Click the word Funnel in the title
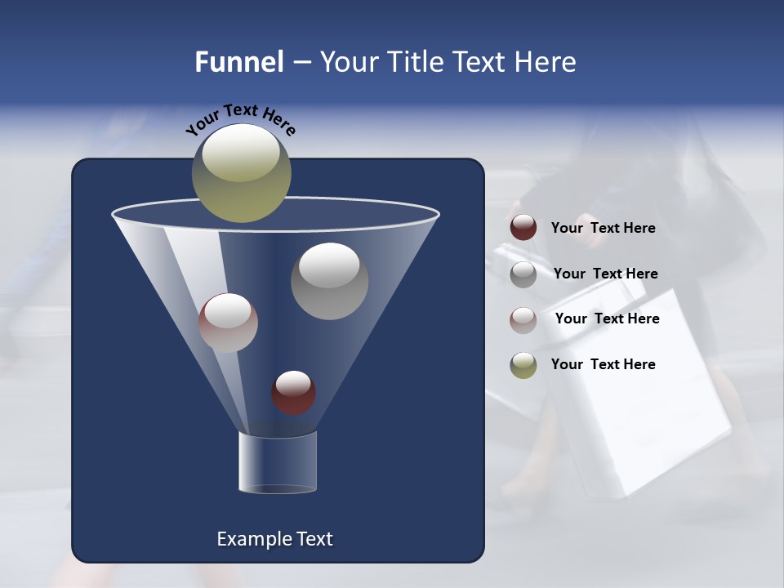[x=238, y=62]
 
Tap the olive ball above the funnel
[x=241, y=173]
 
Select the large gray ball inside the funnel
[x=329, y=281]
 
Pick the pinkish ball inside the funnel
[x=228, y=323]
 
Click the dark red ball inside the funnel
[x=293, y=393]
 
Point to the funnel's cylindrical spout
[x=277, y=462]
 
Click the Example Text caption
[x=274, y=539]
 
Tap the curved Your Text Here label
[x=240, y=120]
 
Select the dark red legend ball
[x=523, y=228]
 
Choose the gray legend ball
[x=523, y=274]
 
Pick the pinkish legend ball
[x=523, y=319]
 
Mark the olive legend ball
[x=523, y=365]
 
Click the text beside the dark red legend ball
[x=603, y=228]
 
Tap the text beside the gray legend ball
[x=605, y=274]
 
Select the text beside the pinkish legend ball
[x=607, y=318]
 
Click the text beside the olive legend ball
[x=603, y=364]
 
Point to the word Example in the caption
[x=247, y=539]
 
